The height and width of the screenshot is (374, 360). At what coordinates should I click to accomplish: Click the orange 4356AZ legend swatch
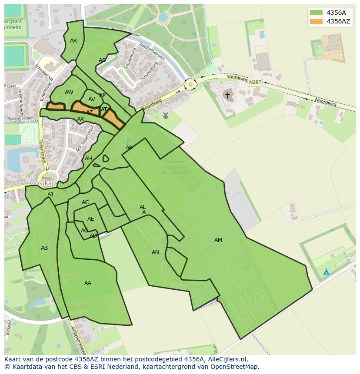316,21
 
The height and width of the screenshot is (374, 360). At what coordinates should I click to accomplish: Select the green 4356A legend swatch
316,13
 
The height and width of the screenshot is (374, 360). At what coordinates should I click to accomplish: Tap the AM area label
218,240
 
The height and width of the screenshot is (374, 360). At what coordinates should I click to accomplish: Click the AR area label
73,41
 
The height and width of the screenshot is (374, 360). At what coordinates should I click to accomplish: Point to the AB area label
44,248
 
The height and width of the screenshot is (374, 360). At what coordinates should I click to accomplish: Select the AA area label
88,283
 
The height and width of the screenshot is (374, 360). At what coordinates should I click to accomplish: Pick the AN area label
155,252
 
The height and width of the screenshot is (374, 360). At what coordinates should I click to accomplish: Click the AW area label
69,93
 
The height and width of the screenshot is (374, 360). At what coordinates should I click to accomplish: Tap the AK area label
129,148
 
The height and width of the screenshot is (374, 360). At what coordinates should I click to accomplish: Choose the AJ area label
50,195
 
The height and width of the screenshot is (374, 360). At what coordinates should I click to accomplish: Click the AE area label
90,219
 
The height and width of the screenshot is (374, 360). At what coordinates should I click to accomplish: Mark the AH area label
88,159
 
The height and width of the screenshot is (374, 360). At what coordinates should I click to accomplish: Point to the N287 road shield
255,82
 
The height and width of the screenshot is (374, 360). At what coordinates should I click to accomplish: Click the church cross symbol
227,95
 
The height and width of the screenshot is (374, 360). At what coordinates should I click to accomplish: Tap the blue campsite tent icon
326,272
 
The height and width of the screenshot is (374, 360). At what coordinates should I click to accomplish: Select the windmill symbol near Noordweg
165,115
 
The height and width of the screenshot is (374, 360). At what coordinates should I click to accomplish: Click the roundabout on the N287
190,85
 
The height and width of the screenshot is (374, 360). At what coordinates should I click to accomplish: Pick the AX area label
80,119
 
